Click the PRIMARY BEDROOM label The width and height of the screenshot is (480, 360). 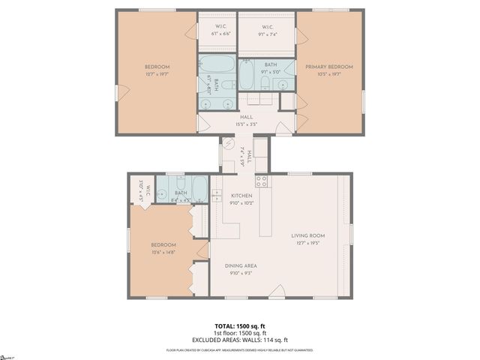tap(328, 67)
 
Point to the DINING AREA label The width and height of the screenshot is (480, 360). tap(241, 265)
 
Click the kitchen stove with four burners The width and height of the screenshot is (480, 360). tap(262, 181)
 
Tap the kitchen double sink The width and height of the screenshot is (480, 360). tap(217, 196)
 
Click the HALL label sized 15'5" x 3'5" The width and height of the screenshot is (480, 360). tap(247, 117)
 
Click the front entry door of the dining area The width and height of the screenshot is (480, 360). tap(277, 292)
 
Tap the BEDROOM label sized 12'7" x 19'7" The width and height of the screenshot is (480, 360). tap(157, 67)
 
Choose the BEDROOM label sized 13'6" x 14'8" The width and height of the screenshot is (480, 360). tap(163, 245)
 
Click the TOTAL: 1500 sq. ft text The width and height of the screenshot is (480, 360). tap(239, 326)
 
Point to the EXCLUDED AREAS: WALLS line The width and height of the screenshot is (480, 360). tap(239, 340)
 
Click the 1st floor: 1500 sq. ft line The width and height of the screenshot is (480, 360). tap(239, 333)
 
